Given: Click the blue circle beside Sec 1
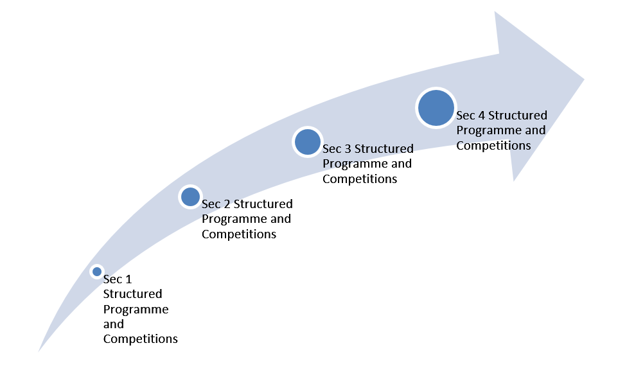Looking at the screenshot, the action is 96,272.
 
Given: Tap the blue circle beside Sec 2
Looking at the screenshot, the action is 190,197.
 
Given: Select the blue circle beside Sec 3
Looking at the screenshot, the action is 308,142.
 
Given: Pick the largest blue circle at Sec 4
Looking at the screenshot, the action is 436,108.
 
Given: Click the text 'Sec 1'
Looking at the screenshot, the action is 118,279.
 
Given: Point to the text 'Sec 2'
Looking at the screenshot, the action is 216,204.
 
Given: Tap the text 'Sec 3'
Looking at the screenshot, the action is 337,149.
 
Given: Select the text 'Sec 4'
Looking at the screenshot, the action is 470,116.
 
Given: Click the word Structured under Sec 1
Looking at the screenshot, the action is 133,294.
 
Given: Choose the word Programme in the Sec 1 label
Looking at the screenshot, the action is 136,310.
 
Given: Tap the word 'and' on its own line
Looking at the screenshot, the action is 114,324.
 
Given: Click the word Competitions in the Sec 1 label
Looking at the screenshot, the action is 140,339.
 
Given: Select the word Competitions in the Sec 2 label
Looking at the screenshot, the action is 239,234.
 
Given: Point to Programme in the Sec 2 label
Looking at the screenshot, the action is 230,220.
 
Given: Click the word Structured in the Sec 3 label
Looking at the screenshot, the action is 384,149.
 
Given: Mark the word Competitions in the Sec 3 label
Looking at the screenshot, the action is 360,179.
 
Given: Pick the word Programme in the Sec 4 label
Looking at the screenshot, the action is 485,131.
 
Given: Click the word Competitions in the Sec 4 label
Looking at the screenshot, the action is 493,146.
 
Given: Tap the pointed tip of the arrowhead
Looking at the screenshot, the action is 584,79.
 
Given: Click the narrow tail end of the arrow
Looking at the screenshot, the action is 39,351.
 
